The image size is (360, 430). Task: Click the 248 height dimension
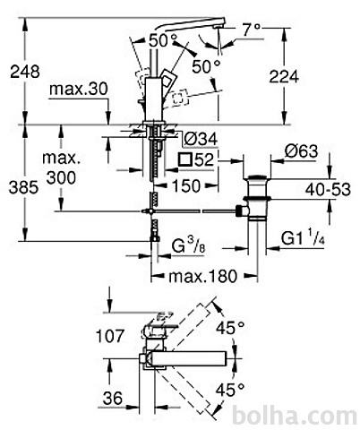click(25, 72)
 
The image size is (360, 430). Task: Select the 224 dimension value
click(284, 77)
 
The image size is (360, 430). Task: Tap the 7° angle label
click(251, 30)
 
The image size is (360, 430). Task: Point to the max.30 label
click(79, 89)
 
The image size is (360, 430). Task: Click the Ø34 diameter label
click(201, 139)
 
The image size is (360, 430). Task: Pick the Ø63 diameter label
click(301, 151)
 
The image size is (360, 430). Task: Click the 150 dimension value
click(185, 186)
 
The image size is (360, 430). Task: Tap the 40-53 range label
click(328, 190)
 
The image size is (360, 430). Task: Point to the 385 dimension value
click(24, 188)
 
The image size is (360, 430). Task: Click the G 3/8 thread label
click(189, 246)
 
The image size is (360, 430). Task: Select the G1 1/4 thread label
click(303, 238)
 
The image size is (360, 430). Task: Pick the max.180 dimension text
click(203, 276)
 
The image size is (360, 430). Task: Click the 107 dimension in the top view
click(109, 336)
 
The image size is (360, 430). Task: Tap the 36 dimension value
click(113, 398)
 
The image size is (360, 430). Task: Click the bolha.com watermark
click(295, 416)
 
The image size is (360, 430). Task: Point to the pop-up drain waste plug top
click(257, 179)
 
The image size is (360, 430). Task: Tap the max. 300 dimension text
click(62, 168)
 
